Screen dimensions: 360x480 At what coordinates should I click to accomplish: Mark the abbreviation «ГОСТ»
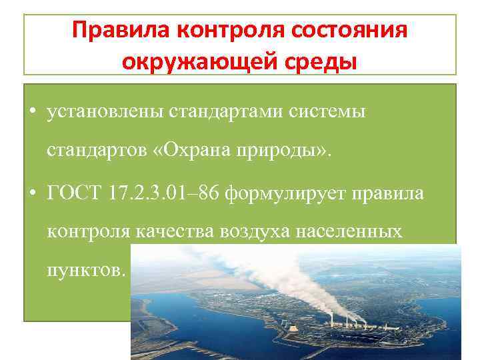(70, 193)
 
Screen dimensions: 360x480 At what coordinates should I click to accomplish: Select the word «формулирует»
(284, 194)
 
